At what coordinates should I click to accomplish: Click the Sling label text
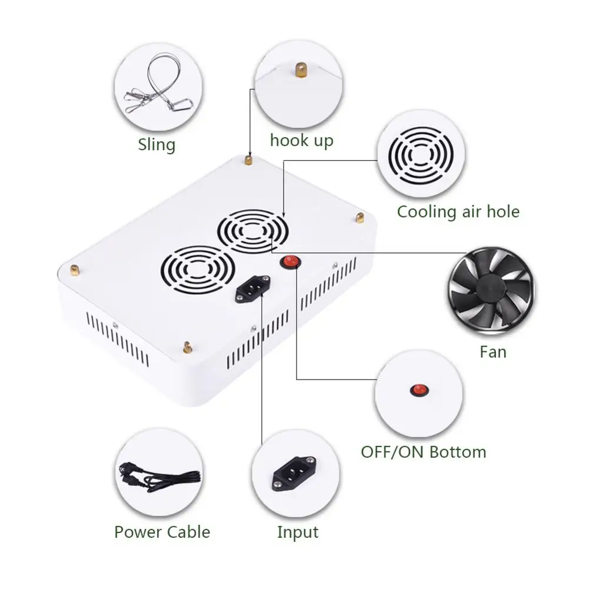(x=157, y=144)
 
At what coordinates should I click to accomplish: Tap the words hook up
(x=301, y=140)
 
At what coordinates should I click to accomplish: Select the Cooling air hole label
(x=458, y=211)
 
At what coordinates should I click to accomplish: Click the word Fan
(x=493, y=352)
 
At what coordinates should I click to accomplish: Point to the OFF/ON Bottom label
(x=424, y=452)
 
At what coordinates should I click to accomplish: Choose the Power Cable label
(x=162, y=532)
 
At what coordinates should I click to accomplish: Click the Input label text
(x=298, y=532)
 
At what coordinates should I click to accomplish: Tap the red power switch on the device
(x=289, y=262)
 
